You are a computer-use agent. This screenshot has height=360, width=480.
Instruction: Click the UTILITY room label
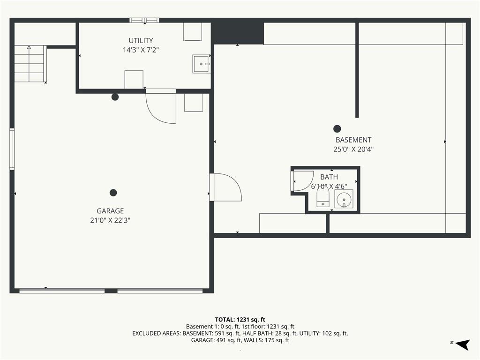click(141, 41)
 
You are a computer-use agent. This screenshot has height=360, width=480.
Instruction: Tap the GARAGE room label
click(110, 211)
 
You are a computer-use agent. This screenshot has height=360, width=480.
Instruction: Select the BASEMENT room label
click(353, 140)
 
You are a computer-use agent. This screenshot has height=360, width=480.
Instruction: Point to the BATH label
click(329, 177)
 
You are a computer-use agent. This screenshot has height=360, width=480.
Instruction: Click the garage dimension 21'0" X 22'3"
click(110, 220)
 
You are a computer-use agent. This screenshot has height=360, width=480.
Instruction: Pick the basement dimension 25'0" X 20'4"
click(353, 150)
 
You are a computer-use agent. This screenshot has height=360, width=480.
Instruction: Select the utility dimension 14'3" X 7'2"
click(141, 50)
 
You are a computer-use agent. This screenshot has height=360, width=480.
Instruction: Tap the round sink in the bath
click(344, 199)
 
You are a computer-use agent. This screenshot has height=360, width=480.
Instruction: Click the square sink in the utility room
click(201, 64)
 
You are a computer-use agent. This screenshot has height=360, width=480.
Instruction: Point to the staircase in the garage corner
click(30, 64)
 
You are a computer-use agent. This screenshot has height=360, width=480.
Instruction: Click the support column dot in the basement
click(337, 128)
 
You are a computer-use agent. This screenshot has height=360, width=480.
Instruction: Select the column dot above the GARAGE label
click(113, 193)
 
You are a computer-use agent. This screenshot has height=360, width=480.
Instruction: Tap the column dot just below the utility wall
click(115, 97)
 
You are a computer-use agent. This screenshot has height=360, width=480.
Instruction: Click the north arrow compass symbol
click(462, 345)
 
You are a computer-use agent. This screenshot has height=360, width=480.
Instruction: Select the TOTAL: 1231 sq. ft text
click(240, 320)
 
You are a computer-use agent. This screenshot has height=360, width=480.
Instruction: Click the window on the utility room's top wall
click(144, 21)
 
